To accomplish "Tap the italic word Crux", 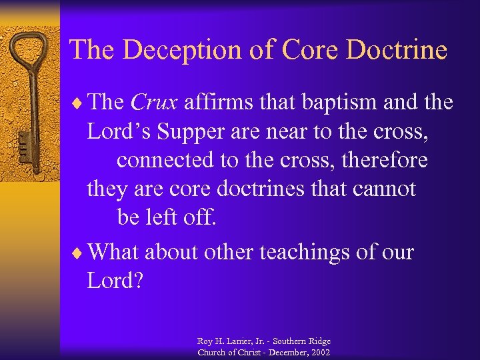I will click(154, 103).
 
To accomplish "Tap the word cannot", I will click(387, 190).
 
